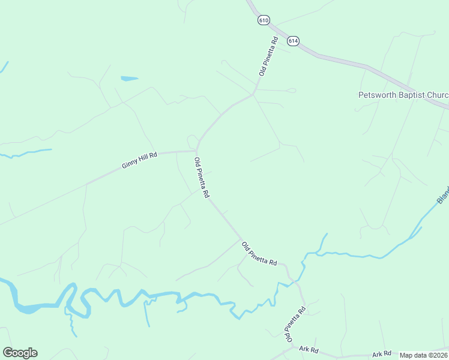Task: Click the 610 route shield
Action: tap(263, 20)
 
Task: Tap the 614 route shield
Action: tap(292, 41)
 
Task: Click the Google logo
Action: tap(20, 353)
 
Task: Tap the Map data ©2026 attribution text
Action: tap(423, 355)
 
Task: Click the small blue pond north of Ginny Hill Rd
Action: tap(129, 79)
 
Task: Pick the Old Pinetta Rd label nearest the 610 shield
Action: tap(268, 56)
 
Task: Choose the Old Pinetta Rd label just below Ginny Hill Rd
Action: tap(201, 178)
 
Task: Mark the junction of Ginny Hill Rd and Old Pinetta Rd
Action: tap(196, 151)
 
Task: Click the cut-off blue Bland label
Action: tap(443, 194)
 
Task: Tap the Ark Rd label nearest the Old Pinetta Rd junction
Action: tap(309, 349)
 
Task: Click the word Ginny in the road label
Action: tap(130, 163)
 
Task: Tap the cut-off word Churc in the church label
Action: tap(437, 95)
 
